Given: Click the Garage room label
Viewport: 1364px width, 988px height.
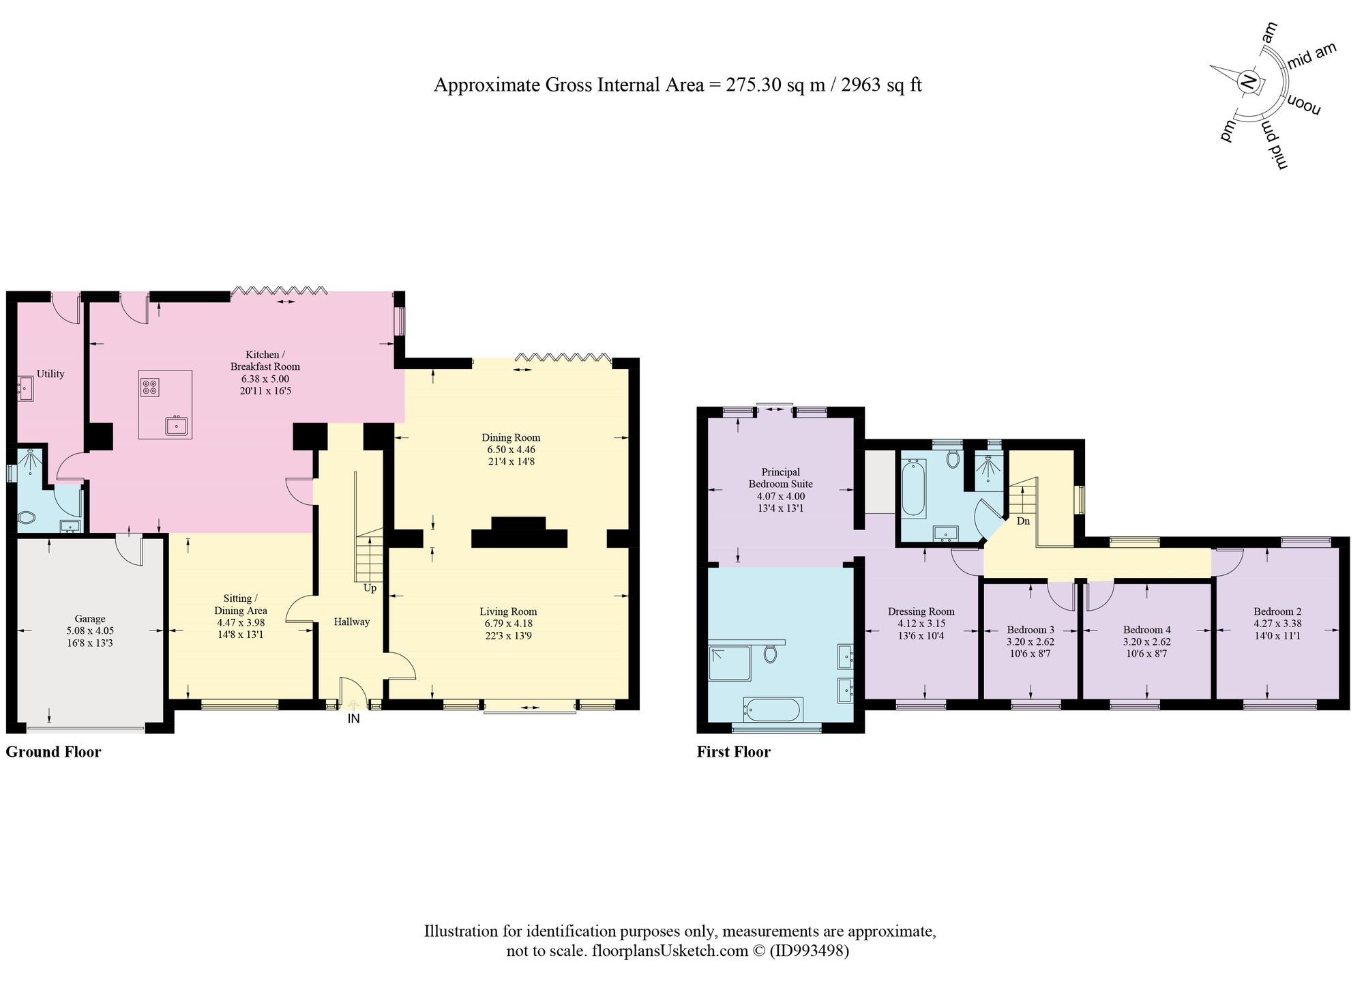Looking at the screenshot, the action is click(90, 619).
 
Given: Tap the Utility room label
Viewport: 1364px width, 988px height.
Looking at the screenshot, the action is click(50, 374).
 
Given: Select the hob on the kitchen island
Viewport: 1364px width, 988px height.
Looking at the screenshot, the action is click(150, 388).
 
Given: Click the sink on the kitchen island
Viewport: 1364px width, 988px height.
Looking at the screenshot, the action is click(177, 426).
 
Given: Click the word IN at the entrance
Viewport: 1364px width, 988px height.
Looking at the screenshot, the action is click(354, 718).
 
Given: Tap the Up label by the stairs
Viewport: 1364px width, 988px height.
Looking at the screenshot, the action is click(370, 587).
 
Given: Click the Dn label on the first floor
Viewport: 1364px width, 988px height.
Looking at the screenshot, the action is click(1023, 521).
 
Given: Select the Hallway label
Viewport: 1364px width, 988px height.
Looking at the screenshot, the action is click(352, 622).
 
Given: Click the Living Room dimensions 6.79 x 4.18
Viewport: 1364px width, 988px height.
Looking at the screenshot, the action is click(508, 624).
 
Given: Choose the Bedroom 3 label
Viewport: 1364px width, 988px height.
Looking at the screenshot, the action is click(1031, 630).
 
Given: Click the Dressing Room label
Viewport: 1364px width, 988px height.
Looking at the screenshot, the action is click(921, 611).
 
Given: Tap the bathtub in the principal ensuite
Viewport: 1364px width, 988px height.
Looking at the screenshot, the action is click(773, 710).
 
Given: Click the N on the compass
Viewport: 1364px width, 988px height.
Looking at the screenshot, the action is click(1248, 83).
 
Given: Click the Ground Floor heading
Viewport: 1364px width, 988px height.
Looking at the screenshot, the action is click(53, 752).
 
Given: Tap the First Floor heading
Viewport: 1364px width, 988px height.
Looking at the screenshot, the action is click(734, 752).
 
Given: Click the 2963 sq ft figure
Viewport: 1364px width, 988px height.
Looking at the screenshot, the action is click(882, 85).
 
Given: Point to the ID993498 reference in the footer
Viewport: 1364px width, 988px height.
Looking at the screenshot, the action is click(809, 950).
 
